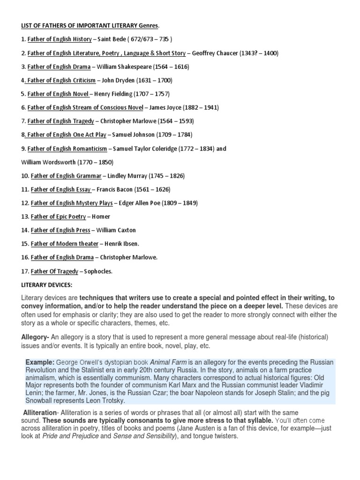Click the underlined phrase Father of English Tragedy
(x=60, y=121)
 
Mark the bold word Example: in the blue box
(x=40, y=362)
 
